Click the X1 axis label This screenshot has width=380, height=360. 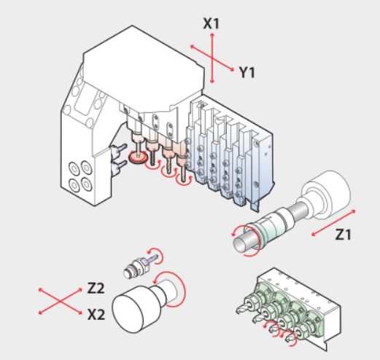[x=211, y=24]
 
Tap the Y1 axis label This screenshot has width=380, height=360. [x=247, y=72]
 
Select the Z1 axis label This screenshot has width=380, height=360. [x=343, y=235]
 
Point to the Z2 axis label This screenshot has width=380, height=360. [x=96, y=288]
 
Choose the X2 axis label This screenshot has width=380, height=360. [x=96, y=315]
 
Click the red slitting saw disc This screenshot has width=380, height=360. [x=138, y=158]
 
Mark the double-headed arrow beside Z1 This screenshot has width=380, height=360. [x=333, y=223]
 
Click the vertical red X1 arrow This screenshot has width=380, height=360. [x=212, y=58]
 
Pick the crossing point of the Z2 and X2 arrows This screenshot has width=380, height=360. [x=61, y=301]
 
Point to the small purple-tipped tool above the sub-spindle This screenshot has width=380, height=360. [x=139, y=266]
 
